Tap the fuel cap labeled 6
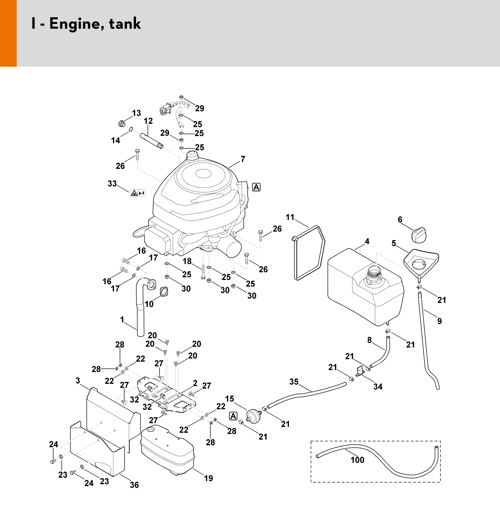click(418, 235)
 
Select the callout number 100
click(357, 460)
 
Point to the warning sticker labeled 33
click(138, 192)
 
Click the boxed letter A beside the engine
click(256, 187)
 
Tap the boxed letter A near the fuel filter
click(233, 416)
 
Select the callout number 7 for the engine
click(243, 159)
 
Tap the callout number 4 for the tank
click(367, 241)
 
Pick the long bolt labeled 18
click(203, 272)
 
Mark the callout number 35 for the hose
click(294, 382)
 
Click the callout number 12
click(148, 121)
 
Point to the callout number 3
click(78, 381)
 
